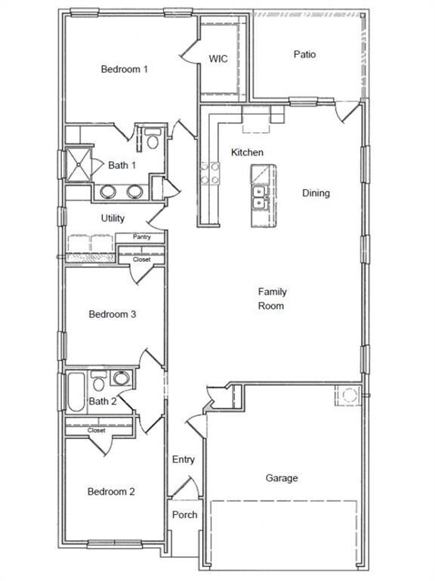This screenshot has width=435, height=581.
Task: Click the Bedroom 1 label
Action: tap(124, 69)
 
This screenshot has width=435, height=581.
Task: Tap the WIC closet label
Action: tap(218, 59)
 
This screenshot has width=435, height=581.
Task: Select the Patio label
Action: tap(304, 54)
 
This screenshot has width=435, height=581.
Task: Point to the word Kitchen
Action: tap(247, 153)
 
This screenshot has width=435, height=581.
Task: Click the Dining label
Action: tap(316, 193)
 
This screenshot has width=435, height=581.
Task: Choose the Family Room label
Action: tap(272, 299)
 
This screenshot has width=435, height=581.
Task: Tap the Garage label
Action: tap(281, 478)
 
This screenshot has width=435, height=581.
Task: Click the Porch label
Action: tap(184, 514)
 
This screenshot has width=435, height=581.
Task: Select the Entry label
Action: tap(183, 459)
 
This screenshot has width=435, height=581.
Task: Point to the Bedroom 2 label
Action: tap(111, 492)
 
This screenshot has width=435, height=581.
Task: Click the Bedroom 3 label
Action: tap(112, 314)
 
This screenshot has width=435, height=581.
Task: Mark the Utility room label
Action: tap(113, 219)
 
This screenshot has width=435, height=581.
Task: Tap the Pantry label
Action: tap(141, 237)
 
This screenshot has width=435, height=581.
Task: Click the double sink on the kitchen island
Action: tap(259, 197)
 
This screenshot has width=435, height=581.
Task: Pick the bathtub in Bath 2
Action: tap(76, 392)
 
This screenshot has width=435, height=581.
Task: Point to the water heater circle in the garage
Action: tap(348, 395)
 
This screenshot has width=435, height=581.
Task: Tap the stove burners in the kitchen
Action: tap(208, 173)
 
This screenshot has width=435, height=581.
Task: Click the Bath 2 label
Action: tap(103, 401)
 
